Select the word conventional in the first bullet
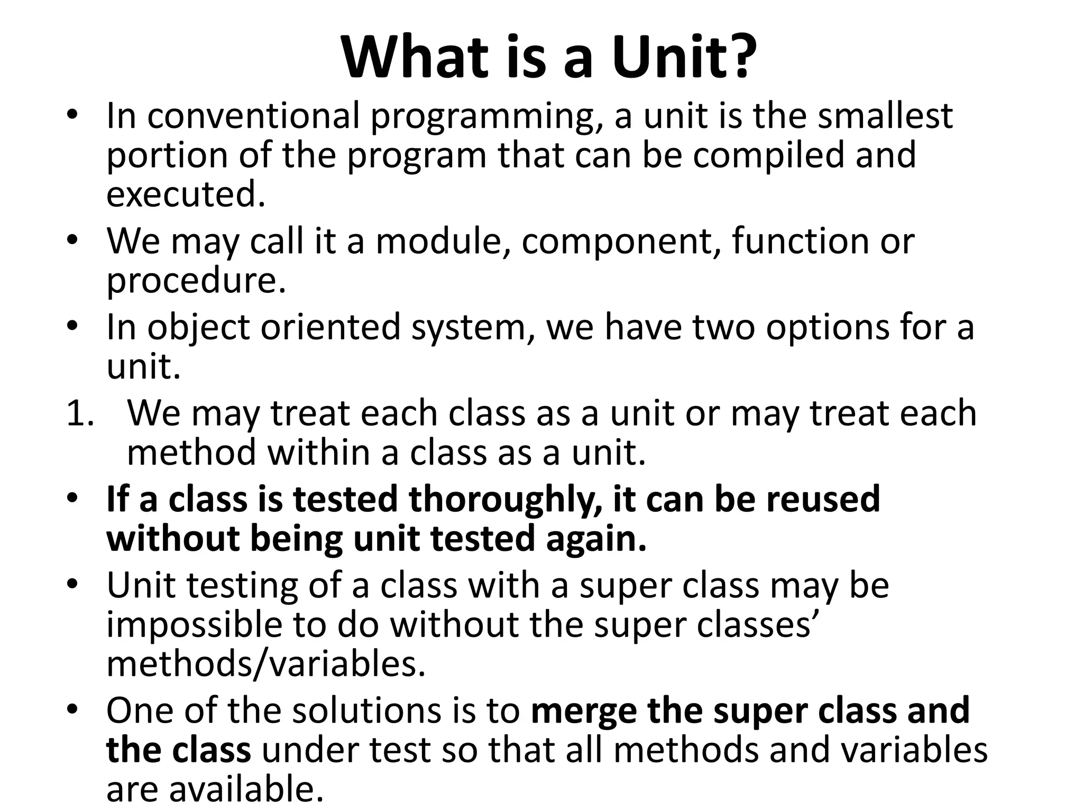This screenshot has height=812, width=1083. point(253,116)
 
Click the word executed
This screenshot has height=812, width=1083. point(185,194)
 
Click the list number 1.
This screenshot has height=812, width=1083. point(79,413)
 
